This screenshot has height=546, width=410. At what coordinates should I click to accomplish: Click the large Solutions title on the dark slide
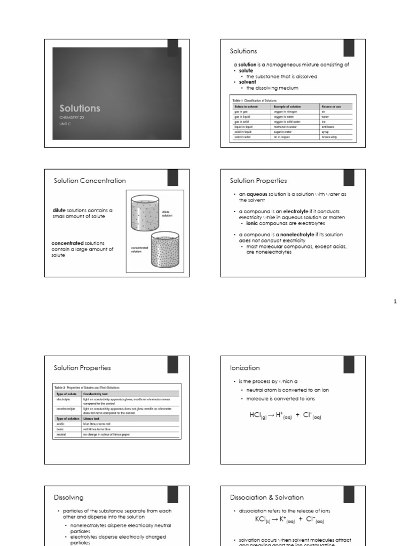pos(80,108)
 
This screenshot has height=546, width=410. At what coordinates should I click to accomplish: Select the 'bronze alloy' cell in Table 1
pos(329,137)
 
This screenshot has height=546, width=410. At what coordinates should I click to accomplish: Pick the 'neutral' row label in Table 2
pos(61,435)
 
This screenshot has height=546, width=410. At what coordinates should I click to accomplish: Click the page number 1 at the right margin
pos(395,302)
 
